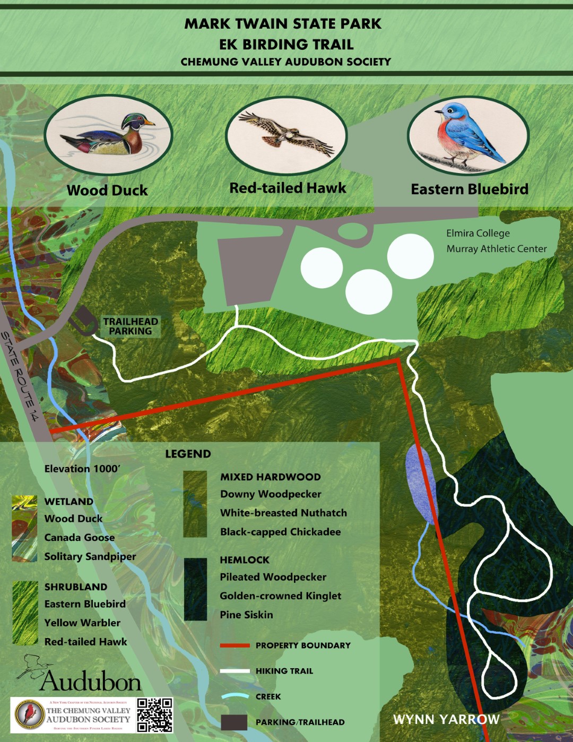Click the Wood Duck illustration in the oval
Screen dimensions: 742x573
click(108, 135)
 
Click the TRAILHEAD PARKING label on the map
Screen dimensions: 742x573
click(131, 326)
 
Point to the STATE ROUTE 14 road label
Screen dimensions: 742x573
click(20, 376)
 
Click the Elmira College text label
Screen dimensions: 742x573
click(477, 234)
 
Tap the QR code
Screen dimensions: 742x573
click(155, 715)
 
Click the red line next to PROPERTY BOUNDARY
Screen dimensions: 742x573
click(235, 645)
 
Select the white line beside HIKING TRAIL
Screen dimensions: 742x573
click(235, 671)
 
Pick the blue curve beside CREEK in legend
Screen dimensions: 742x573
click(235, 696)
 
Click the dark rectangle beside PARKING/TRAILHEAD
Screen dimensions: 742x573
click(234, 722)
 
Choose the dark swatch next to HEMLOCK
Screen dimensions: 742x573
click(195, 589)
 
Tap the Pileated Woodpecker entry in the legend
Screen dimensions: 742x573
click(273, 577)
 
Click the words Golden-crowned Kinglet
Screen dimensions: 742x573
click(280, 596)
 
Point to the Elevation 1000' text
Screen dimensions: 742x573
click(82, 469)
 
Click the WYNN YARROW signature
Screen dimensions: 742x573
click(446, 719)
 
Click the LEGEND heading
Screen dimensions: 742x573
click(188, 454)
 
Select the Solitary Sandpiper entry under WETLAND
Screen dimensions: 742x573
click(90, 556)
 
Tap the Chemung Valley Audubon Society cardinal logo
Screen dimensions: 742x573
click(29, 714)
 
